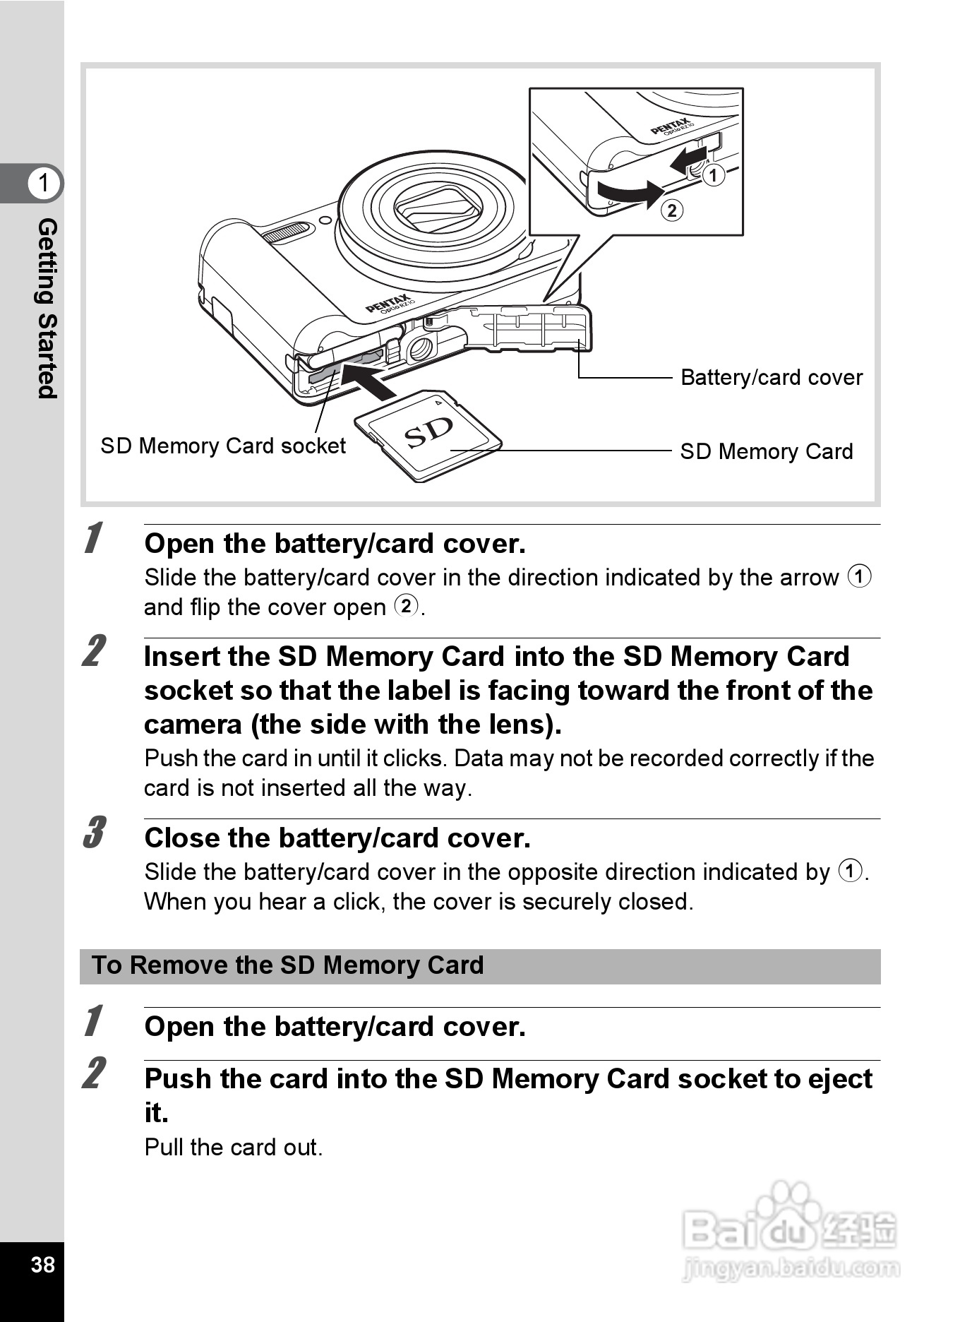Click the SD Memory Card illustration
(x=428, y=434)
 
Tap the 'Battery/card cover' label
(x=771, y=377)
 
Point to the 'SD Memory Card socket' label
(x=223, y=446)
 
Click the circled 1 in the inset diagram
(x=714, y=174)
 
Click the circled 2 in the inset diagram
(x=672, y=210)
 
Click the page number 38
(x=42, y=1264)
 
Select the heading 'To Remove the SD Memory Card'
(x=288, y=965)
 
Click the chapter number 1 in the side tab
(x=44, y=183)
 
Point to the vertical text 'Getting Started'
(x=47, y=308)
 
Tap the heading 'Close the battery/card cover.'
(x=337, y=838)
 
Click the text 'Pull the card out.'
(x=233, y=1147)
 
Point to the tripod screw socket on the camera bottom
(x=421, y=347)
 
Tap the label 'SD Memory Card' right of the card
(x=766, y=451)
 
